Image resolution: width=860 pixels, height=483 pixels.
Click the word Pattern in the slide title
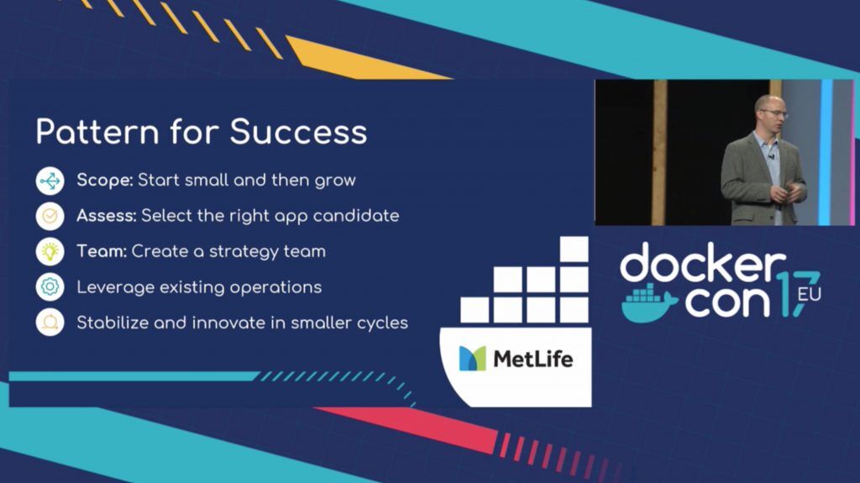pos(97,132)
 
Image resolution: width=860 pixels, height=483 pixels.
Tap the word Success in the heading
pos(298,132)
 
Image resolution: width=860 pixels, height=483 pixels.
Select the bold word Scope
pos(105,181)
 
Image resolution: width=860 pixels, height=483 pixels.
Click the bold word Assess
pos(107,216)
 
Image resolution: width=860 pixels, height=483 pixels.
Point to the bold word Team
pos(102,251)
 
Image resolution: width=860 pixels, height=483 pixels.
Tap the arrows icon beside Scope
pos(50,181)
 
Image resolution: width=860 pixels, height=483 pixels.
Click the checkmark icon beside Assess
pos(50,216)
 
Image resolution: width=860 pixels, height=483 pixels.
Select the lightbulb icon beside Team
pos(50,251)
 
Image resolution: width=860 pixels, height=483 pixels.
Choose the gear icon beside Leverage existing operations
pos(50,287)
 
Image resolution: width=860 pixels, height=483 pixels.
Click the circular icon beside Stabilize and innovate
pos(50,323)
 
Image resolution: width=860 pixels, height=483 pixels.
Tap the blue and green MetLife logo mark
pos(472,359)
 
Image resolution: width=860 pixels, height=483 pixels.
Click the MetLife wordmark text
pos(533,360)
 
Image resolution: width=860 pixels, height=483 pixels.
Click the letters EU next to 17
pos(810,295)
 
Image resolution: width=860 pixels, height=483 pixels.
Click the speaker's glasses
pos(774,113)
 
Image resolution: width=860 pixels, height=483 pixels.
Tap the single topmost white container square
pos(574,249)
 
